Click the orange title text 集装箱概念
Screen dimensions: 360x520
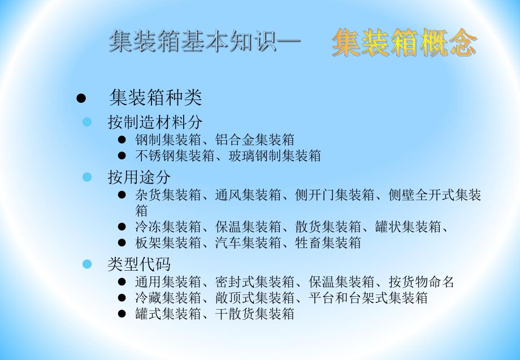coord(404,44)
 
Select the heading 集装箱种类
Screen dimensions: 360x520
coord(155,98)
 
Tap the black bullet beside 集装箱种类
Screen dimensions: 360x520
coord(81,98)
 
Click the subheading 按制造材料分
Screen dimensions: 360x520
coord(155,122)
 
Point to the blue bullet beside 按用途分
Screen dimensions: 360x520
coord(87,177)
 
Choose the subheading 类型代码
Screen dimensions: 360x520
coord(139,264)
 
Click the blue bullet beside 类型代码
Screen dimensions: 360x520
coord(87,264)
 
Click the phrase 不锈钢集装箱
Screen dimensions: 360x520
coord(168,156)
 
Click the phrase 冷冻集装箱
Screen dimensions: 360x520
coord(168,227)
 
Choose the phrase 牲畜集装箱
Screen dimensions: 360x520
coord(328,243)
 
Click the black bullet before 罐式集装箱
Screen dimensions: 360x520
coord(122,314)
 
